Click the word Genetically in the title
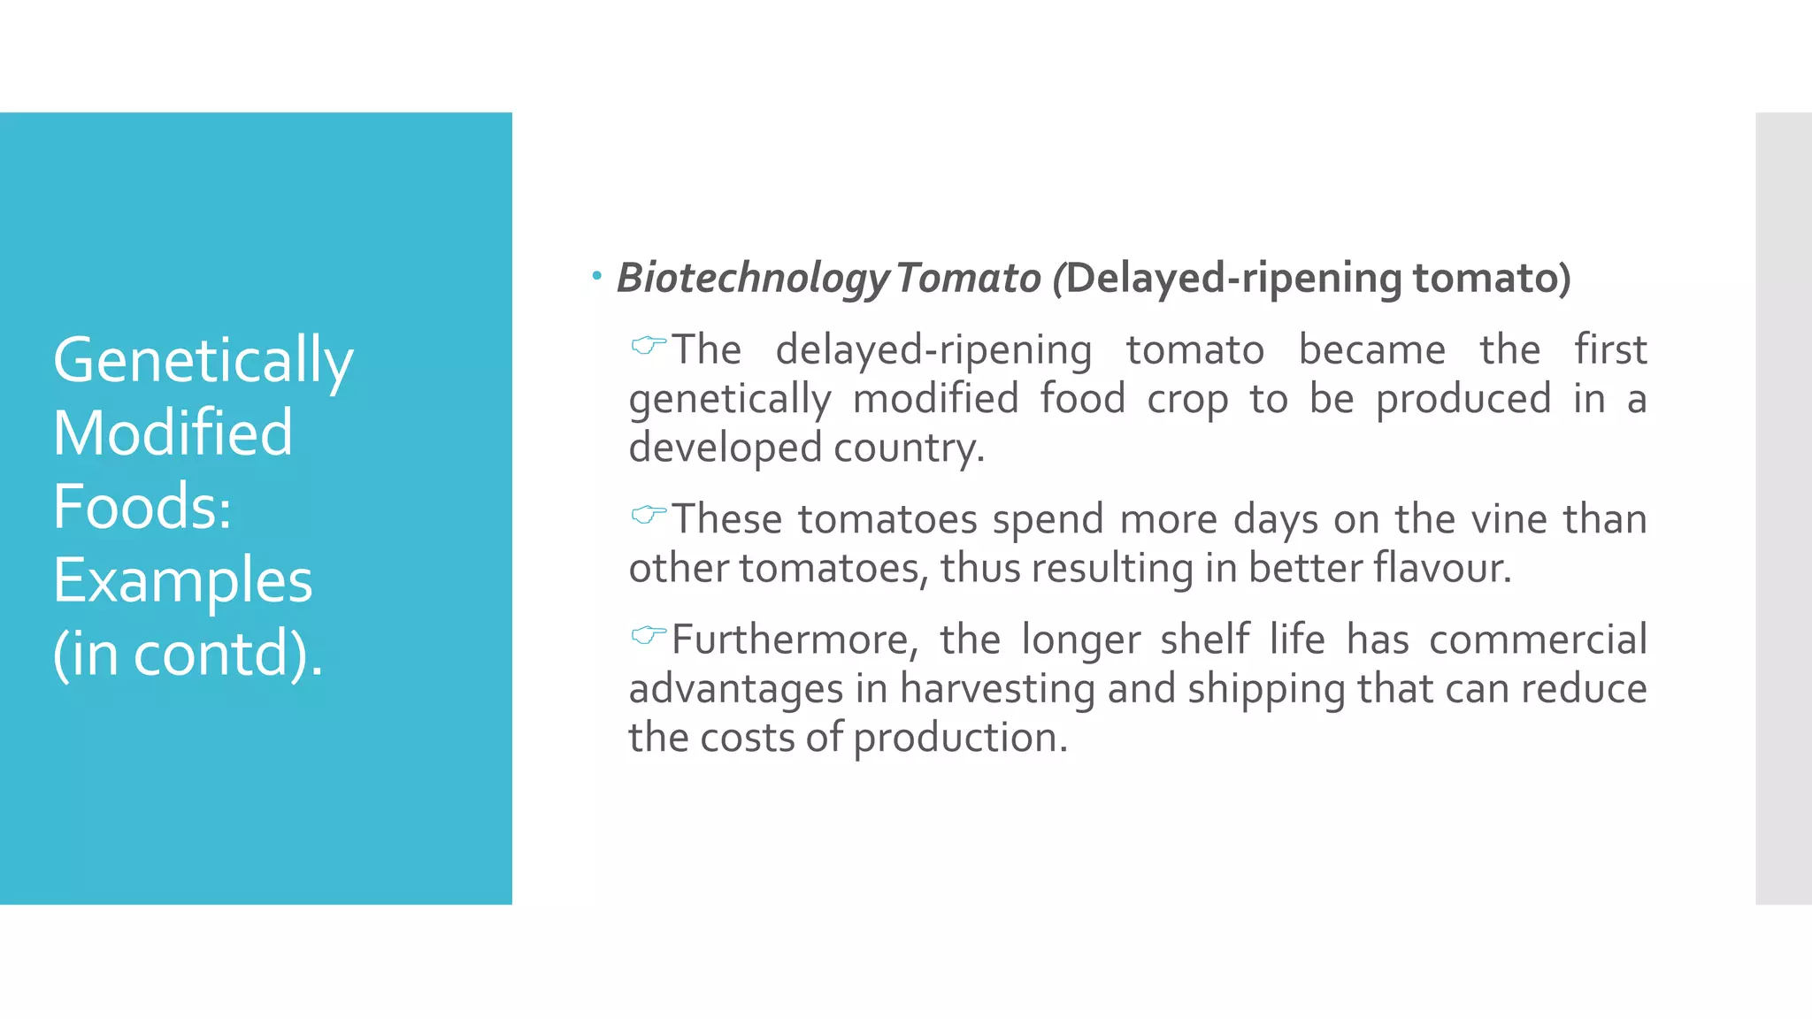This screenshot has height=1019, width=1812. [x=203, y=361]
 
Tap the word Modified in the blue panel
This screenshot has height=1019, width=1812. [x=173, y=433]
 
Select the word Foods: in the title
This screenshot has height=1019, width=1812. [x=142, y=506]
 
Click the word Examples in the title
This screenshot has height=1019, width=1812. [x=182, y=580]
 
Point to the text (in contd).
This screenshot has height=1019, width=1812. [x=188, y=654]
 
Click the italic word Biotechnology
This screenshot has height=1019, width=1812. [x=753, y=278]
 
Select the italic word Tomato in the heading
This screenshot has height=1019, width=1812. [x=968, y=278]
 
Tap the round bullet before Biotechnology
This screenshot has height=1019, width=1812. [x=597, y=277]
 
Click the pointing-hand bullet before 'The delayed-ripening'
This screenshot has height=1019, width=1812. [x=649, y=345]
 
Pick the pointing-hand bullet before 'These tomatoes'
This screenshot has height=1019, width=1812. [x=649, y=514]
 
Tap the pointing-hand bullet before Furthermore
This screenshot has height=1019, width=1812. [x=649, y=634]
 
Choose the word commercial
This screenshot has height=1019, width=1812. [x=1538, y=640]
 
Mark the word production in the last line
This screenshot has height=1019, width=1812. [x=960, y=738]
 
